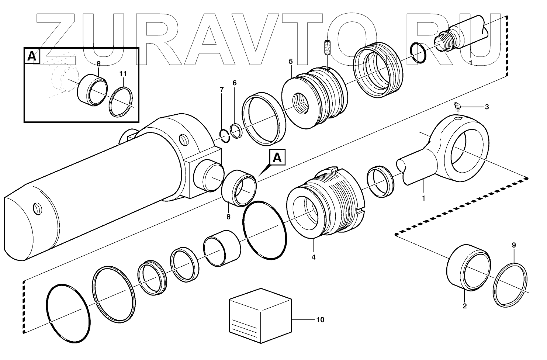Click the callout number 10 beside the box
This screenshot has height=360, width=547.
pyautogui.click(x=320, y=320)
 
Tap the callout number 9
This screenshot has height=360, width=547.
pyautogui.click(x=514, y=245)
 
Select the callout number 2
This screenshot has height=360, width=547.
pyautogui.click(x=464, y=306)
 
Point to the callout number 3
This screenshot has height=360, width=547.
pyautogui.click(x=487, y=107)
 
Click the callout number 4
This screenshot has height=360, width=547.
pyautogui.click(x=314, y=257)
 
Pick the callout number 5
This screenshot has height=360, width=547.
pyautogui.click(x=291, y=61)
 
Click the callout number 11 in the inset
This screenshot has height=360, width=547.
pyautogui.click(x=123, y=74)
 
